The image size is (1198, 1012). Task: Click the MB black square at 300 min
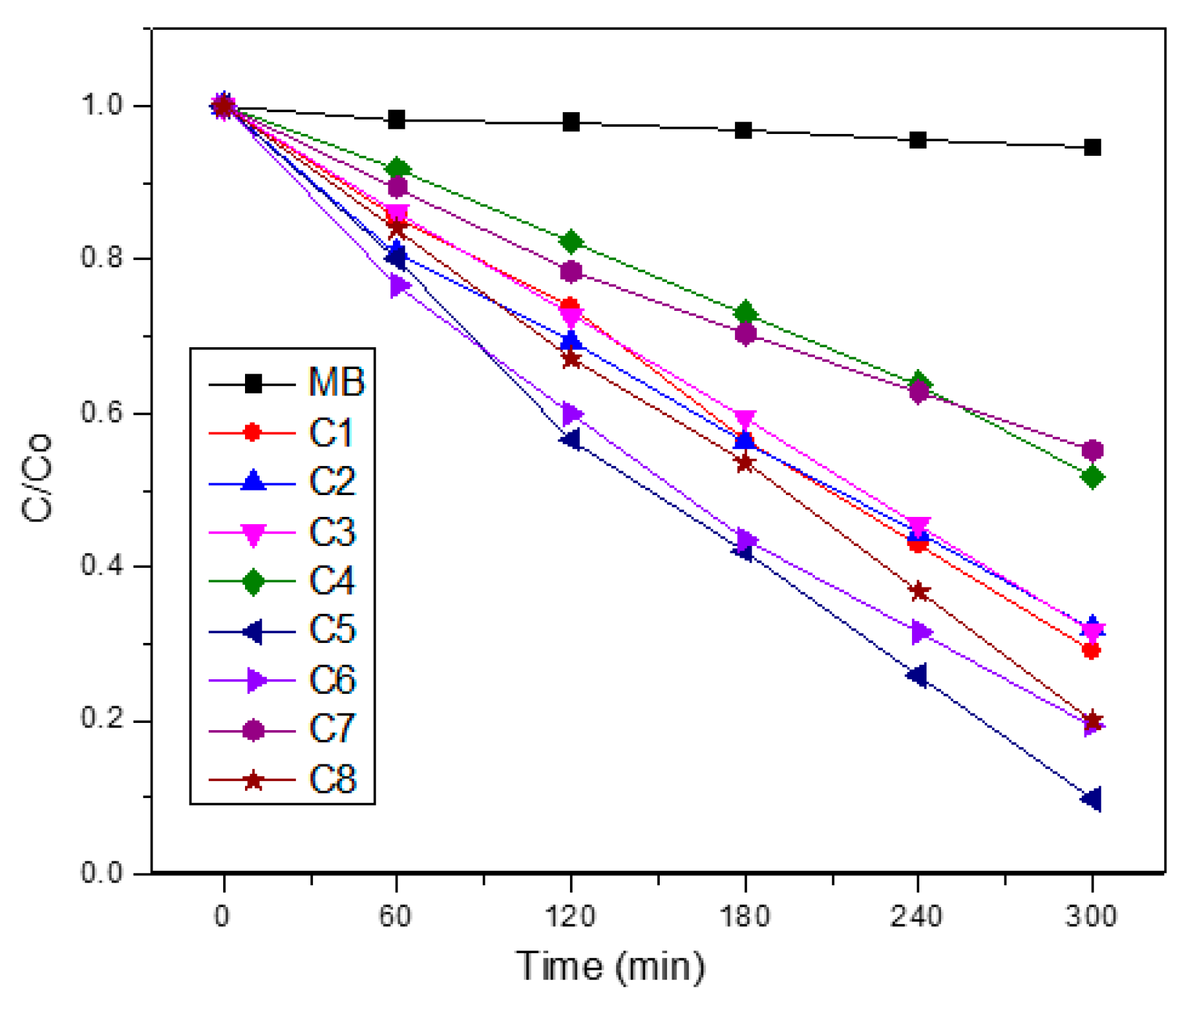click(1092, 147)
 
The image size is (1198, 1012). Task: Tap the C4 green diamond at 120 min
click(571, 242)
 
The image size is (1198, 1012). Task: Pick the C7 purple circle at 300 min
click(1092, 450)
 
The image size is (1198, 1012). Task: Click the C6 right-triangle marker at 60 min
click(399, 287)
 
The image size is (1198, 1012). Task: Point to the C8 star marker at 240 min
click(919, 591)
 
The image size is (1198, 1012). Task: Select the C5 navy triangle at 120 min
click(571, 440)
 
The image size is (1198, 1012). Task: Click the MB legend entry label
click(336, 382)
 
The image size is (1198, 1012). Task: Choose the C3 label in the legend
click(332, 532)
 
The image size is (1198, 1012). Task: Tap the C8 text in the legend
click(332, 780)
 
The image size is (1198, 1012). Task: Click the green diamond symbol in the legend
click(253, 582)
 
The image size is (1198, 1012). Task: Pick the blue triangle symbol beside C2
click(253, 482)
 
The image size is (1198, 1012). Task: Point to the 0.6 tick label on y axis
click(102, 413)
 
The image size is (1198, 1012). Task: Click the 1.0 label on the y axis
click(102, 106)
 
